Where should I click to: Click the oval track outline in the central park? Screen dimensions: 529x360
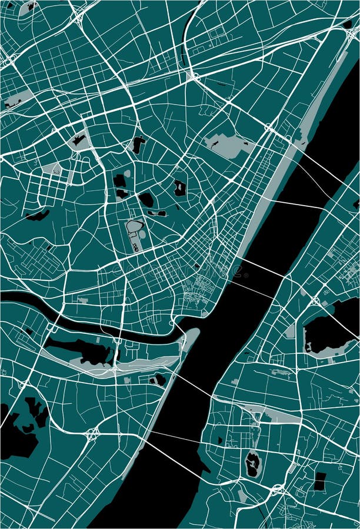pos(135,226)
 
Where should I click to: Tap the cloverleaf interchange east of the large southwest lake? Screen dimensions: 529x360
pos(92,434)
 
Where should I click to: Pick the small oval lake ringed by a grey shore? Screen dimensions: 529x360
pos(252,464)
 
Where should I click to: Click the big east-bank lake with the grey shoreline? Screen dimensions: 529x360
pos(329,333)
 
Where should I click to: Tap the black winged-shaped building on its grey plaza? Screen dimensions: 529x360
pos(78,140)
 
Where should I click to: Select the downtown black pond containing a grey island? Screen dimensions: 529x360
pos(179,188)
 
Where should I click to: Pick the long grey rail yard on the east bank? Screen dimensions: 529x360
pos(276,414)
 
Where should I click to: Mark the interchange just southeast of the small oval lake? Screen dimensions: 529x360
pos(276,489)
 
